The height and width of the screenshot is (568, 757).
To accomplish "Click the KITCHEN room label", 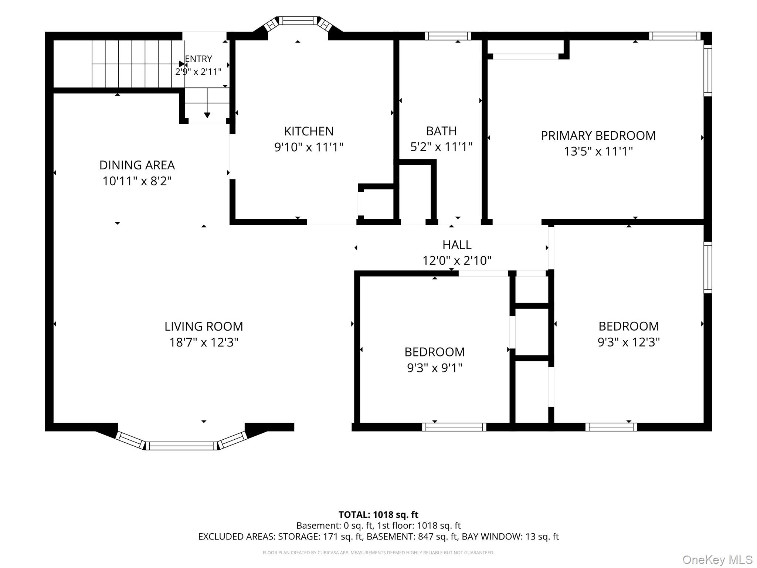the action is click(309, 131).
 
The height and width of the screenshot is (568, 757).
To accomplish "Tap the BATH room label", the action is click(441, 131).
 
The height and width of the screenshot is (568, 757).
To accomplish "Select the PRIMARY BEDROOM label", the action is click(598, 136).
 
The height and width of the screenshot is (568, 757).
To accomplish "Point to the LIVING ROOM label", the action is click(204, 327).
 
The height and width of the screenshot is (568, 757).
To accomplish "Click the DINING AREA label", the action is click(137, 165).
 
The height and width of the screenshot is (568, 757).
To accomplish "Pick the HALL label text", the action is click(457, 245).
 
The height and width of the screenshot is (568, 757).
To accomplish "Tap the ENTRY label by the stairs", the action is click(198, 59).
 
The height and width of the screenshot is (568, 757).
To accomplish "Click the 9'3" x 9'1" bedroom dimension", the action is click(435, 368).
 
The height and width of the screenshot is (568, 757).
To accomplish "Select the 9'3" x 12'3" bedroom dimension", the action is click(629, 342).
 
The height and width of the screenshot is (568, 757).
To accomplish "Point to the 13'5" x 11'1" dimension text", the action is click(598, 151).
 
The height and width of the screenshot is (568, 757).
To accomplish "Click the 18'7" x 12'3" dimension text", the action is click(204, 342).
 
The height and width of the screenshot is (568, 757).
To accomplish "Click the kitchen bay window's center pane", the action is click(298, 21).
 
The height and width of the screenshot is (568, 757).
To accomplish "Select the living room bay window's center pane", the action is click(181, 446).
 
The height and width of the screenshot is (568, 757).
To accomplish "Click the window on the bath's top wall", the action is click(448, 36).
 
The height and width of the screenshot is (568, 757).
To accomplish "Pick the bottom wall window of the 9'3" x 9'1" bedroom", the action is click(454, 427).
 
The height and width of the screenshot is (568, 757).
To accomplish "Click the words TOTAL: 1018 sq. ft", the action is click(378, 515).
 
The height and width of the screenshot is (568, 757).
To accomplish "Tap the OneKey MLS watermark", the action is click(717, 559).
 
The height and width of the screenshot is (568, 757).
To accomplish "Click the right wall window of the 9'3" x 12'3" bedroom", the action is click(708, 267).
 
